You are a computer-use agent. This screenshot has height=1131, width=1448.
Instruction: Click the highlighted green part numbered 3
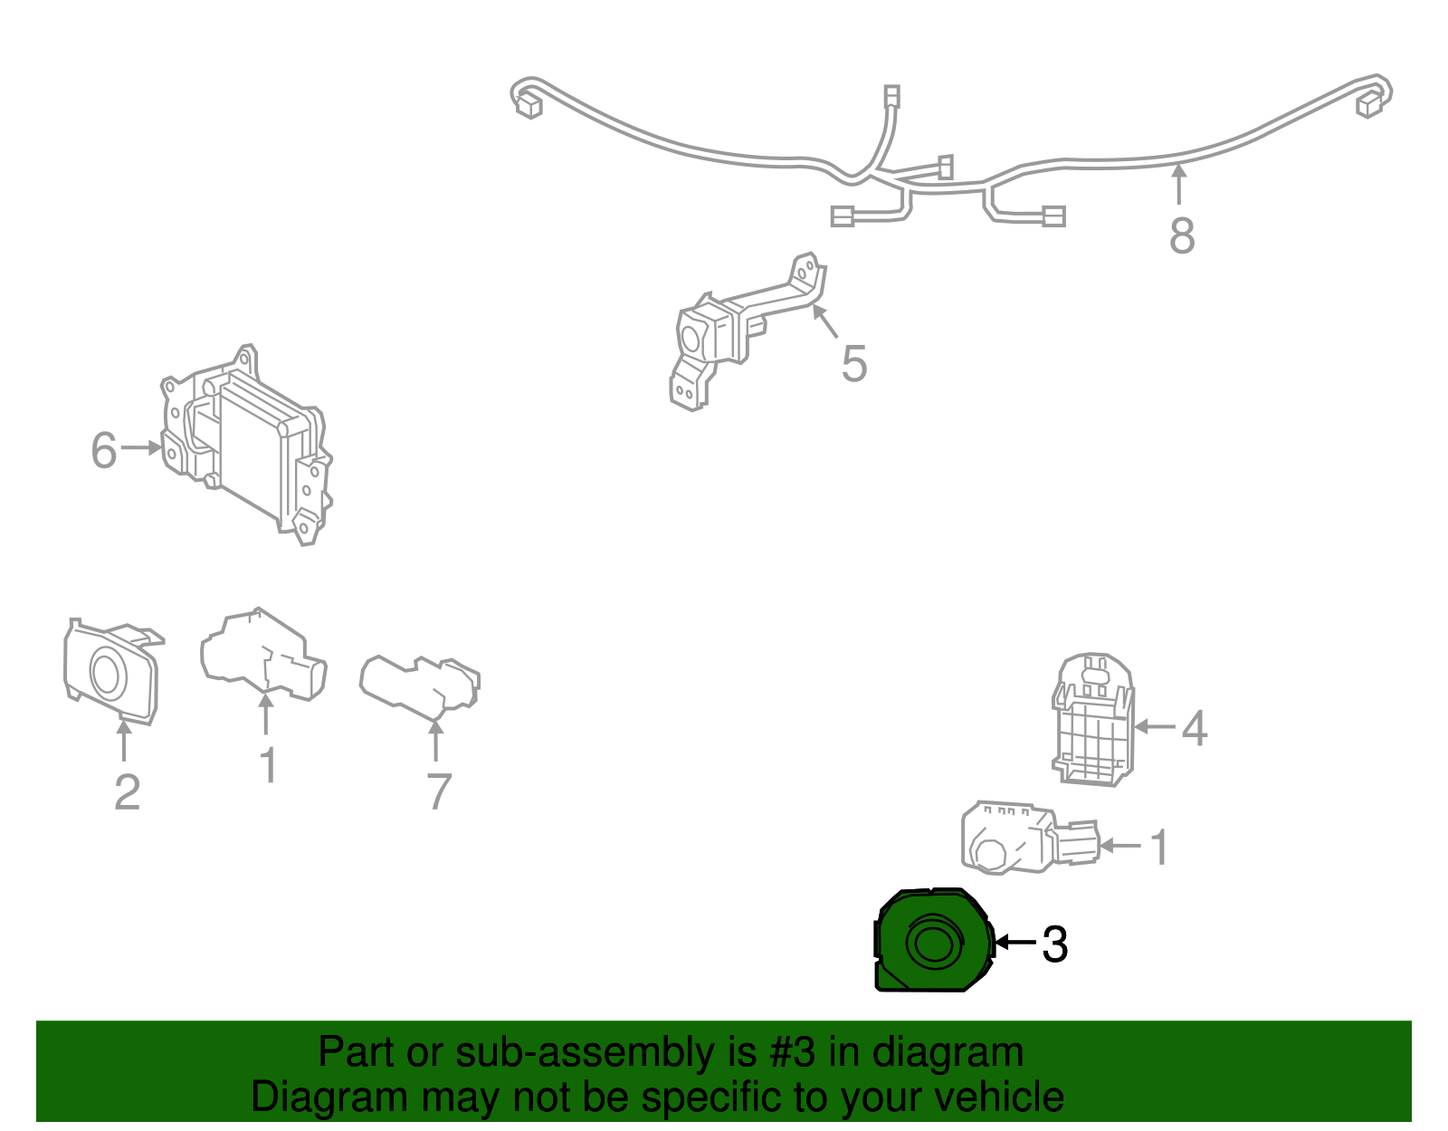point(933,941)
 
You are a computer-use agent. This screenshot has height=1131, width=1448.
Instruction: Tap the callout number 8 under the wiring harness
point(1182,235)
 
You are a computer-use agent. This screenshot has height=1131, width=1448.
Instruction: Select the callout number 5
point(854,364)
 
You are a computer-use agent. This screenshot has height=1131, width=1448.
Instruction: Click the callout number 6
point(104,450)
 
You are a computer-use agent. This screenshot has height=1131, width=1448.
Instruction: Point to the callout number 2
point(128,792)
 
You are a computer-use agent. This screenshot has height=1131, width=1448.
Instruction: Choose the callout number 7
point(439,791)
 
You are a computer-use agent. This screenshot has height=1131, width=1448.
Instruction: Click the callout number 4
point(1194,728)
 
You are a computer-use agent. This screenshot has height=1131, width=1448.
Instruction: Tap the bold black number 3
point(1055,944)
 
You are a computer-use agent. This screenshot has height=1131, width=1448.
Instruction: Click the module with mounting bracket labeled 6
point(246,445)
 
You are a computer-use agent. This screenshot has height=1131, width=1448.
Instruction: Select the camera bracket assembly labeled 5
point(747,331)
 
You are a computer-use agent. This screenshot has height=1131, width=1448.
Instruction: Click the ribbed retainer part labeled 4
point(1093,719)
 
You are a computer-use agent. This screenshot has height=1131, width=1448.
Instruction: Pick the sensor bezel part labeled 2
point(112,670)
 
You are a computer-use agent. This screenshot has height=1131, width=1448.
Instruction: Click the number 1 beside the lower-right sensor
point(1159,847)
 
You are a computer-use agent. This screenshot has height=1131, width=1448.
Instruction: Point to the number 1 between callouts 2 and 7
point(268,764)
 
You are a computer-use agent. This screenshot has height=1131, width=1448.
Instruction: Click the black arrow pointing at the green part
point(1015,942)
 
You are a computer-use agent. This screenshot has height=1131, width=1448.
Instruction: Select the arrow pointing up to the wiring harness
point(1179,184)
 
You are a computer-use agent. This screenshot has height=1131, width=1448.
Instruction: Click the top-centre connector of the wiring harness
point(891,96)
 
